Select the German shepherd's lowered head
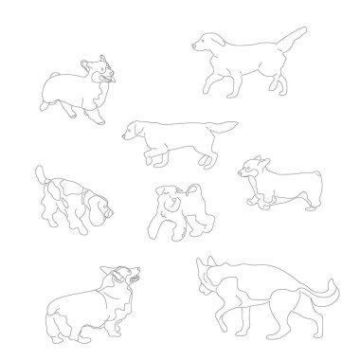tap(207, 275)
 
